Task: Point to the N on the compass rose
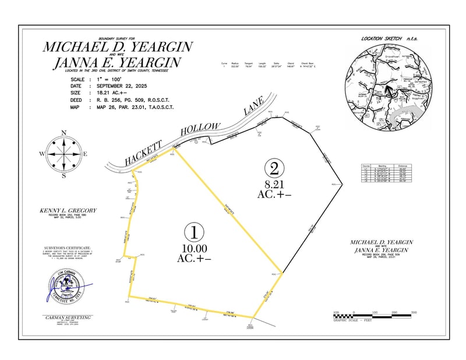click(64, 132)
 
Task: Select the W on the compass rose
click(42, 154)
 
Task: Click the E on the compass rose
click(86, 154)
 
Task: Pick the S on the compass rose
click(64, 176)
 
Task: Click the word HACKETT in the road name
click(138, 153)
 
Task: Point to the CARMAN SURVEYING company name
click(68, 317)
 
